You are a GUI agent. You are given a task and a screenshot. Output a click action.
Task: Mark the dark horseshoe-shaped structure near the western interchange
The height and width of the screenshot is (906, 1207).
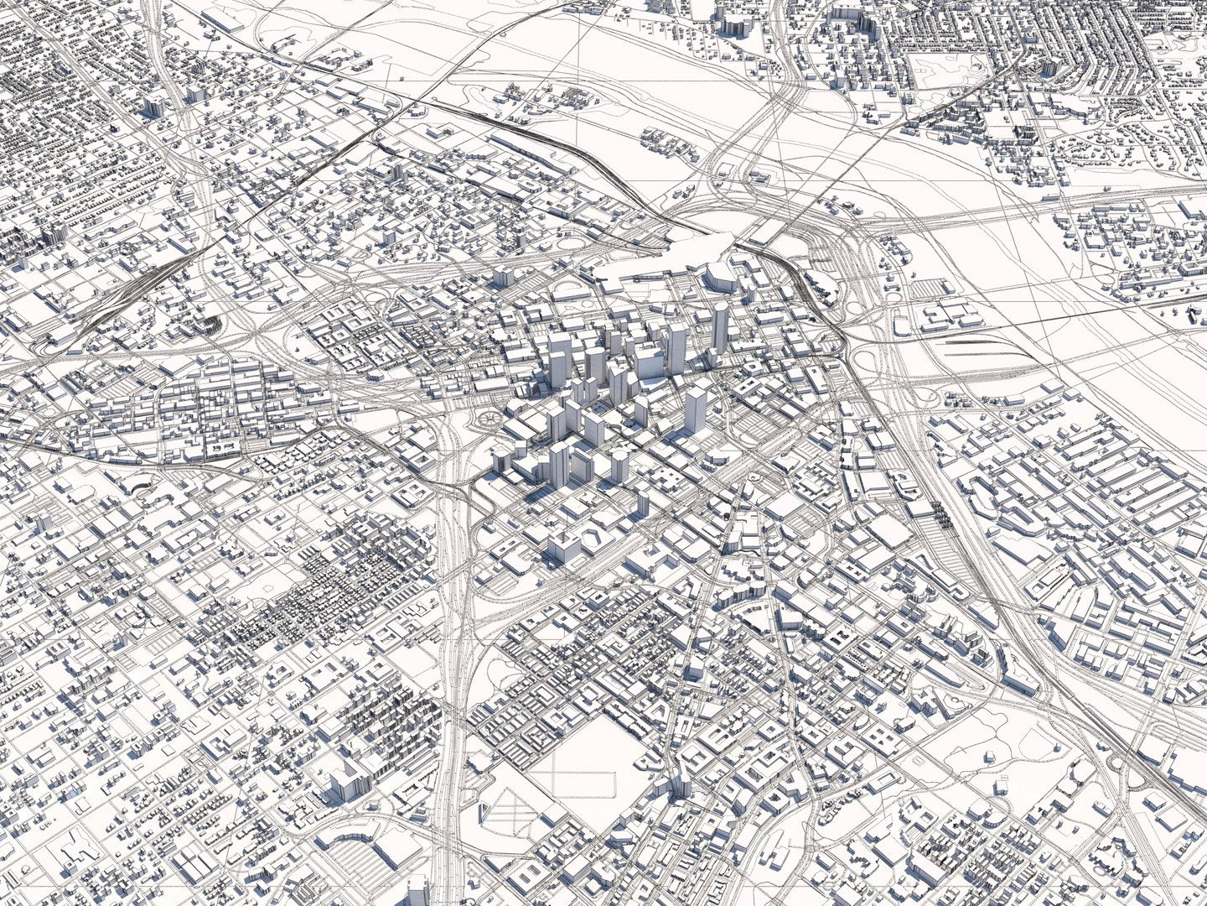[207, 323]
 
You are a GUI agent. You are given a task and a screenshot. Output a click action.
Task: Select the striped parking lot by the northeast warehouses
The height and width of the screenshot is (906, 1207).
[930, 289]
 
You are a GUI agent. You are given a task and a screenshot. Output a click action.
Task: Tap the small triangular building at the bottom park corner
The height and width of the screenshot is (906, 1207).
[484, 810]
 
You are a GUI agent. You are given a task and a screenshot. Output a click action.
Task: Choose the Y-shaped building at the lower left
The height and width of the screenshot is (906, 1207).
[67, 839]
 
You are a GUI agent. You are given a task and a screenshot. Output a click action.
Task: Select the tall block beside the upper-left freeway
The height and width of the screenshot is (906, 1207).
[155, 106]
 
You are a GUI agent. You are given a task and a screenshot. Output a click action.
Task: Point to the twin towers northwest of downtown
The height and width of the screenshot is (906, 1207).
[503, 277]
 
